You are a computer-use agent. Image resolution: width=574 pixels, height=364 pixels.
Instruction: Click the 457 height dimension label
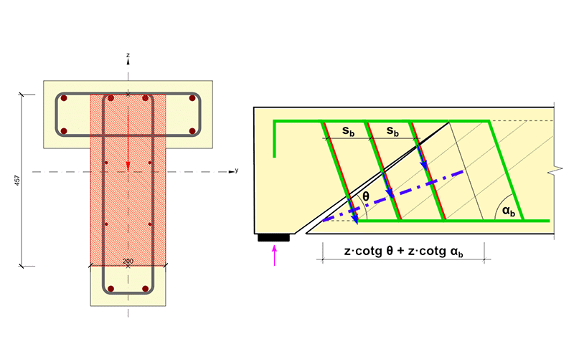(17, 180)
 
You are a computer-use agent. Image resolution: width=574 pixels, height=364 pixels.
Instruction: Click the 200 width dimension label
(128, 262)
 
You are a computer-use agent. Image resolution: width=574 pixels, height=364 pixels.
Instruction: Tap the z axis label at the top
(128, 55)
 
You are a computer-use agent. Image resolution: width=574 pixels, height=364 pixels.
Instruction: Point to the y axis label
(237, 171)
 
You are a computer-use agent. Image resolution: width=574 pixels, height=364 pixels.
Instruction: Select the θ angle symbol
(366, 196)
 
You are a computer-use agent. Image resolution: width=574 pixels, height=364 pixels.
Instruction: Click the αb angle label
(509, 211)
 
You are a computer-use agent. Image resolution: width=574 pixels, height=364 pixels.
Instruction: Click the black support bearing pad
(273, 238)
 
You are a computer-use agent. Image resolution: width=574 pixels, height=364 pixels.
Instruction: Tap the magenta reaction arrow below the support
(275, 255)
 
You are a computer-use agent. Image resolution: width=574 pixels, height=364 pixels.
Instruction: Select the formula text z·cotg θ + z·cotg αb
(404, 252)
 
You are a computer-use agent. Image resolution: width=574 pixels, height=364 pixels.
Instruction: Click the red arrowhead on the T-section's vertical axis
(128, 166)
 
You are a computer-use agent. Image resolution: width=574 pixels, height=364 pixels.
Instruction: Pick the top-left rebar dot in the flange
(64, 98)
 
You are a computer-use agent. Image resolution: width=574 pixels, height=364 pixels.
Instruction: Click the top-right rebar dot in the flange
(192, 98)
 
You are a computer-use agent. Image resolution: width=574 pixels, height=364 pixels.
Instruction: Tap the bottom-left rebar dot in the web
(111, 289)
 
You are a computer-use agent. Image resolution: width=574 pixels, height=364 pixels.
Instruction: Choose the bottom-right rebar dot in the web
(146, 289)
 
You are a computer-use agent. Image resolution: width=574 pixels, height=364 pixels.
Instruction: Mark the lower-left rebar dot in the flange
(64, 131)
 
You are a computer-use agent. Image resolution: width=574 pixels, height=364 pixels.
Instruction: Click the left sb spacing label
(349, 131)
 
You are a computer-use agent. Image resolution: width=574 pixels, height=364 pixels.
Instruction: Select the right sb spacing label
(392, 131)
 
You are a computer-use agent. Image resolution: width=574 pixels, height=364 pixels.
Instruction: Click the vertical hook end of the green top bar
(274, 140)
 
